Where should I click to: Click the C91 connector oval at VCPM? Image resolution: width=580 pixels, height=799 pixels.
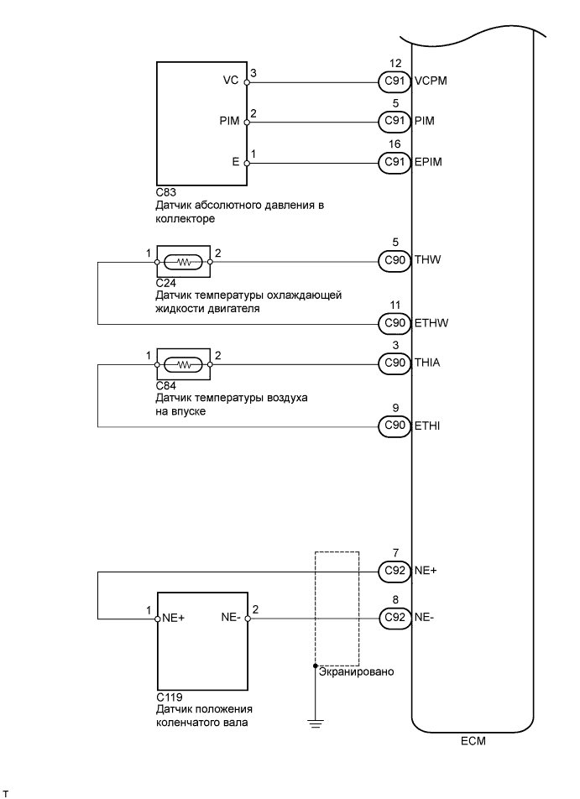pos(394,83)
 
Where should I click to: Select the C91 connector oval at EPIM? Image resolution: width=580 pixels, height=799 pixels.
pos(394,161)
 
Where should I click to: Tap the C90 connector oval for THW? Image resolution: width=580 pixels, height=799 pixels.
pos(394,260)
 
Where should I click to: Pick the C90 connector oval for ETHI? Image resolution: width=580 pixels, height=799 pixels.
pos(394,426)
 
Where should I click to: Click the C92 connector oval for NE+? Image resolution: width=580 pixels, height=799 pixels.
pos(394,572)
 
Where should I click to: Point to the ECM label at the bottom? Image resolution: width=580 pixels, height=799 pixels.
pos(473,742)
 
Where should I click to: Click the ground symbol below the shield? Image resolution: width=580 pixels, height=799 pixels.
pos(315,722)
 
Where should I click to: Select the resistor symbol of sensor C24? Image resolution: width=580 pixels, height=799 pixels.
pos(183,261)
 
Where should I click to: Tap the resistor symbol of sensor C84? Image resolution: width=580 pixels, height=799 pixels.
pos(183,364)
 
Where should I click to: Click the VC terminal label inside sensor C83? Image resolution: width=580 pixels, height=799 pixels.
pos(228,82)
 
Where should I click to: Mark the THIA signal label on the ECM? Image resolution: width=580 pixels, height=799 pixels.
pos(428,363)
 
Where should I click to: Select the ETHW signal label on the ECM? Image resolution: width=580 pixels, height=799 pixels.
pos(430,322)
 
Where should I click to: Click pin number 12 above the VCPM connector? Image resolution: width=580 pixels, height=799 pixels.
pos(395,64)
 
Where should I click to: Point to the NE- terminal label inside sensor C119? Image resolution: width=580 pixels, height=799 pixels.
pos(232,619)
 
